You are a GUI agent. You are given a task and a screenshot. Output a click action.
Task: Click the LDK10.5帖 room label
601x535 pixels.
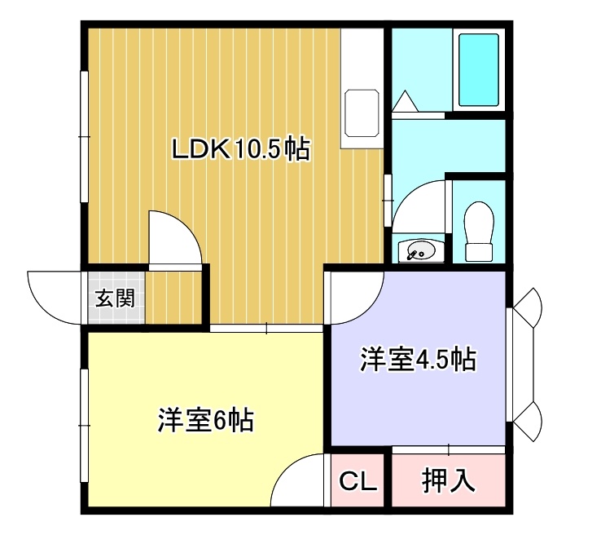click(240, 149)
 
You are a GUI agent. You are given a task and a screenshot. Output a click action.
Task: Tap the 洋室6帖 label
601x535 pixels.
click(206, 420)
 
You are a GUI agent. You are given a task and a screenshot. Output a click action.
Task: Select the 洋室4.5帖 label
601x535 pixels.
click(418, 360)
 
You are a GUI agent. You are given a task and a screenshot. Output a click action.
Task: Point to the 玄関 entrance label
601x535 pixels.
click(115, 298)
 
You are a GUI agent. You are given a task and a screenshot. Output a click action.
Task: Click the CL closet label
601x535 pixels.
click(358, 481)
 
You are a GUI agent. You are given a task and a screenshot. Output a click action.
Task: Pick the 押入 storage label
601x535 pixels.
click(449, 480)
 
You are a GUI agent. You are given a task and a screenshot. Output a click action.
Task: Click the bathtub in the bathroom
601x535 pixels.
click(479, 70)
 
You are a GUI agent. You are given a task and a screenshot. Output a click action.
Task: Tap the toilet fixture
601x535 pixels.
click(479, 232)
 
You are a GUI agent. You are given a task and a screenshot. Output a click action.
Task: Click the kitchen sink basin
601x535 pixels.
click(362, 113)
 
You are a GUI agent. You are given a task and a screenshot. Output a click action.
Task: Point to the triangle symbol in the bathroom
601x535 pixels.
click(405, 101)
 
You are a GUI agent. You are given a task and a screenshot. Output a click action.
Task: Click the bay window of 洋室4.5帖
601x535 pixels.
click(523, 365)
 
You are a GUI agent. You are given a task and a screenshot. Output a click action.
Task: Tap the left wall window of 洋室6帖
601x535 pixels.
click(85, 426)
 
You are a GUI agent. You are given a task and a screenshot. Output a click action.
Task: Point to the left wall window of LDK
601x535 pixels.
click(85, 136)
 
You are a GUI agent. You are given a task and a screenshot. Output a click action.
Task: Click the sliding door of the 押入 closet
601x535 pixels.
click(449, 449)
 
